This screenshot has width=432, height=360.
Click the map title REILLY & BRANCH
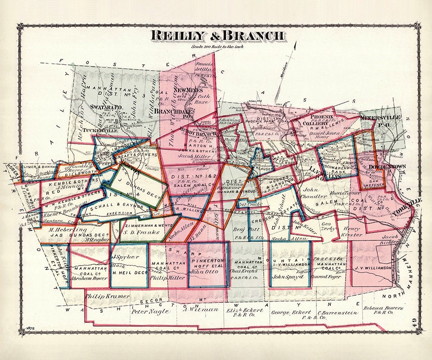217,36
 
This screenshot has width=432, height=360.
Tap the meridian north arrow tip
296,43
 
